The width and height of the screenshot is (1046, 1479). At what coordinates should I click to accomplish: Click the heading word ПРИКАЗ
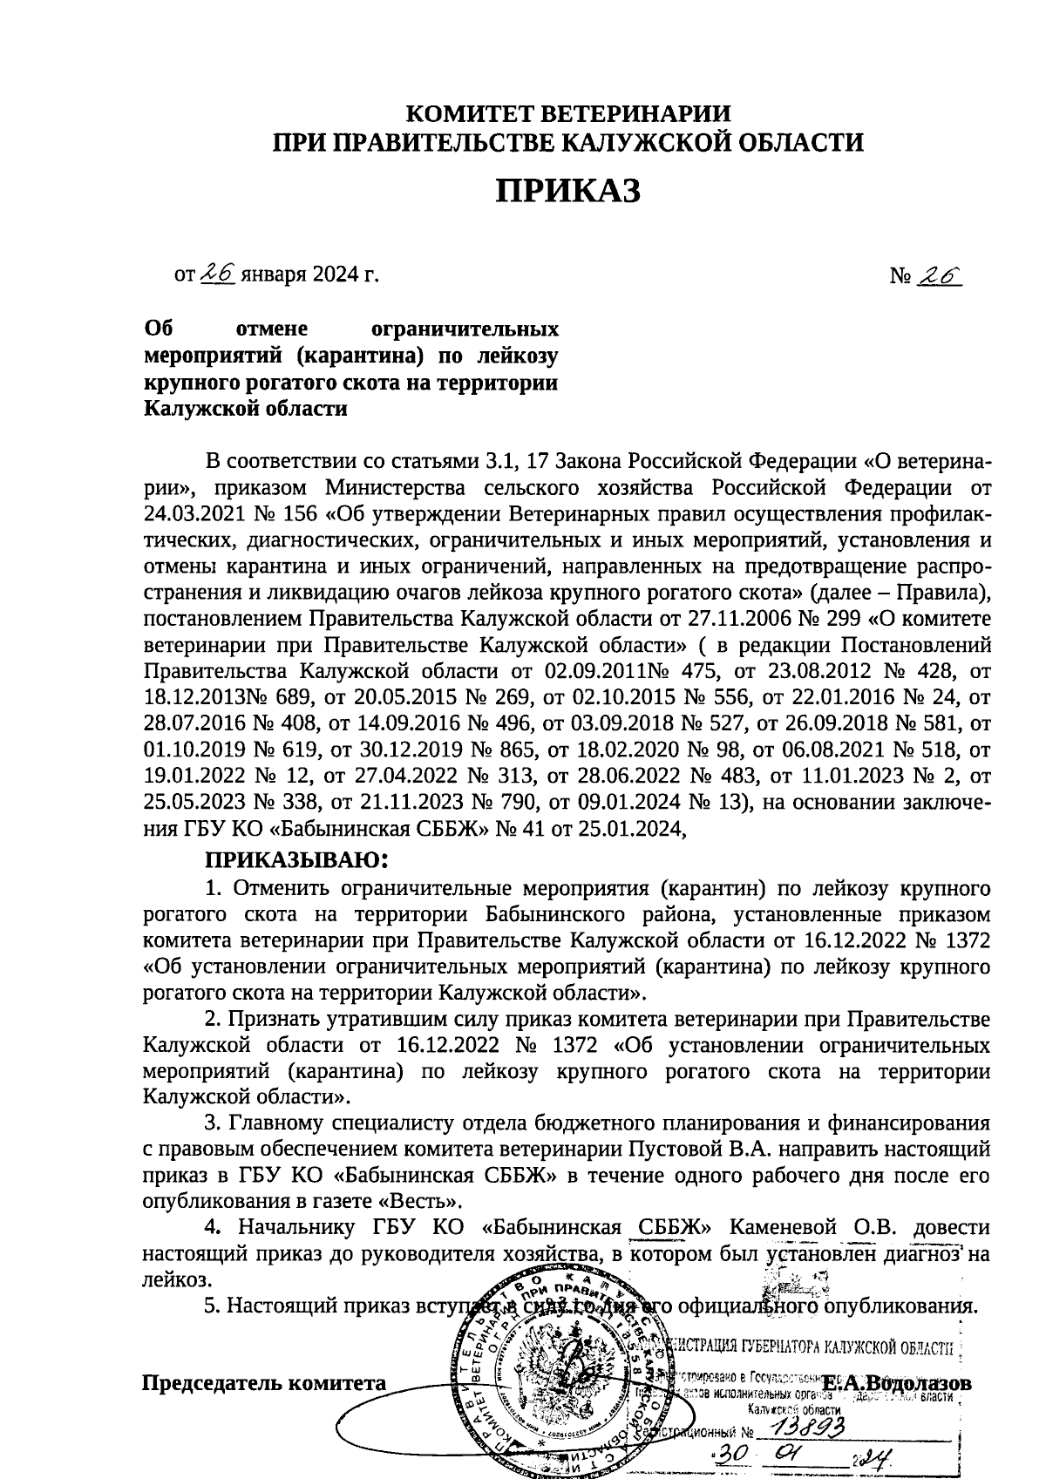(x=568, y=191)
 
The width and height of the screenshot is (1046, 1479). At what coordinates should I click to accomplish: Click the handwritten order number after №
(x=941, y=275)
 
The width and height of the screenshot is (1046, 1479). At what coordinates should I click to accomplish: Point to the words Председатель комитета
(x=264, y=1383)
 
